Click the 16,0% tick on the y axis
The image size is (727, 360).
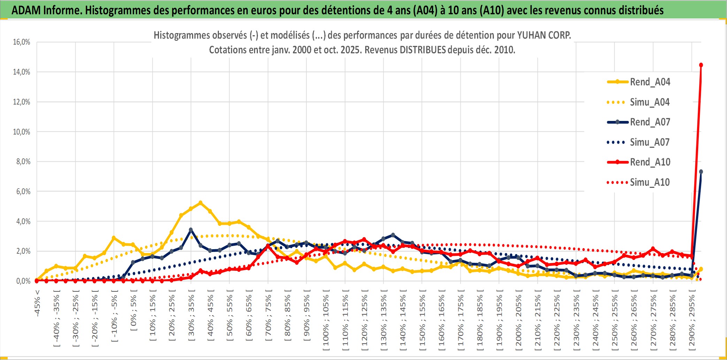22,42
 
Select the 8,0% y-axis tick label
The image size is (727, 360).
23,162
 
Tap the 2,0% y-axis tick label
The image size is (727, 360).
23,251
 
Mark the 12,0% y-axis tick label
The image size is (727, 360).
22,102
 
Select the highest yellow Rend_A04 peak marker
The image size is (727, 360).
200,202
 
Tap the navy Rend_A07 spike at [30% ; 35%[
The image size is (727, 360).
191,230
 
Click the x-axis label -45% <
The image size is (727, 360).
37,303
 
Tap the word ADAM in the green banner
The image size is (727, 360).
26,10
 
